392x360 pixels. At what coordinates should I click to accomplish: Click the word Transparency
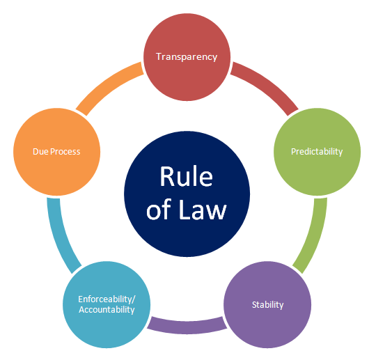point(187,57)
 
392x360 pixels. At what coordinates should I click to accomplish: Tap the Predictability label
point(317,152)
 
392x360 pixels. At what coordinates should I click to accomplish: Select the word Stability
point(267,305)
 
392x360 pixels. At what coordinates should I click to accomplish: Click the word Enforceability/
point(107,299)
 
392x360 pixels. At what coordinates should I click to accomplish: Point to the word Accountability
point(107,310)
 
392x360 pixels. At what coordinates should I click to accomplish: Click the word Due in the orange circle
point(40,152)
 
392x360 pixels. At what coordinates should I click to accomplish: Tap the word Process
point(65,152)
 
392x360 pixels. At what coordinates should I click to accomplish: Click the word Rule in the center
point(186,176)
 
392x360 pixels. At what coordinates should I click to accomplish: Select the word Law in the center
point(203,210)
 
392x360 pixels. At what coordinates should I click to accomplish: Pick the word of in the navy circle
point(159,210)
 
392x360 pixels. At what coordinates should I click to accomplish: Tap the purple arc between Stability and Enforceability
point(187,327)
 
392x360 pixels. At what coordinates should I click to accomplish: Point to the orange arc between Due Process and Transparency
point(107,84)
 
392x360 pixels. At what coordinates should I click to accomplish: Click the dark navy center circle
point(187,194)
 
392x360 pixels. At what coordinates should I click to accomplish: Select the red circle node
point(187,57)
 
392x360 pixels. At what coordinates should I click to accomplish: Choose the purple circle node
point(267,304)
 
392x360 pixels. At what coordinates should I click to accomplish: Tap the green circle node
point(317,152)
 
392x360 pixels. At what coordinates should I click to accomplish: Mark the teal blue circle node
point(107,304)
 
